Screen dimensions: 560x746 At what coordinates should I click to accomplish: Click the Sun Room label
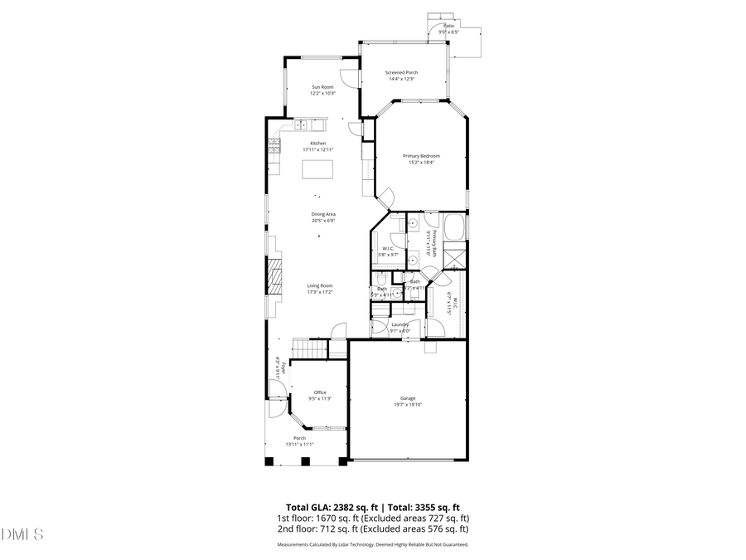click(x=323, y=87)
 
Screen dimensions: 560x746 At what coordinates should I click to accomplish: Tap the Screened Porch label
click(x=401, y=72)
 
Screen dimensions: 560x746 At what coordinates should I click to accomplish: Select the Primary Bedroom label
click(x=421, y=156)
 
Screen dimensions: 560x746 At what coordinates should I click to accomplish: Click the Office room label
click(x=319, y=392)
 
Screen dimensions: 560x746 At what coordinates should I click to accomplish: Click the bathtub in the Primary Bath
click(x=453, y=226)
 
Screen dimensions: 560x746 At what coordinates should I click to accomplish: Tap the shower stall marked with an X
click(x=454, y=257)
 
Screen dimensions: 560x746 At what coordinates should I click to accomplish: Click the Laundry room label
click(x=400, y=324)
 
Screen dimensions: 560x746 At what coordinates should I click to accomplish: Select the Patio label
click(x=449, y=26)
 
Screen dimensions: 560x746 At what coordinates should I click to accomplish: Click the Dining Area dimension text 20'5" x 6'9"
click(x=323, y=221)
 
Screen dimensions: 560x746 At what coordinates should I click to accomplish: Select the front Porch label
click(x=299, y=438)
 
